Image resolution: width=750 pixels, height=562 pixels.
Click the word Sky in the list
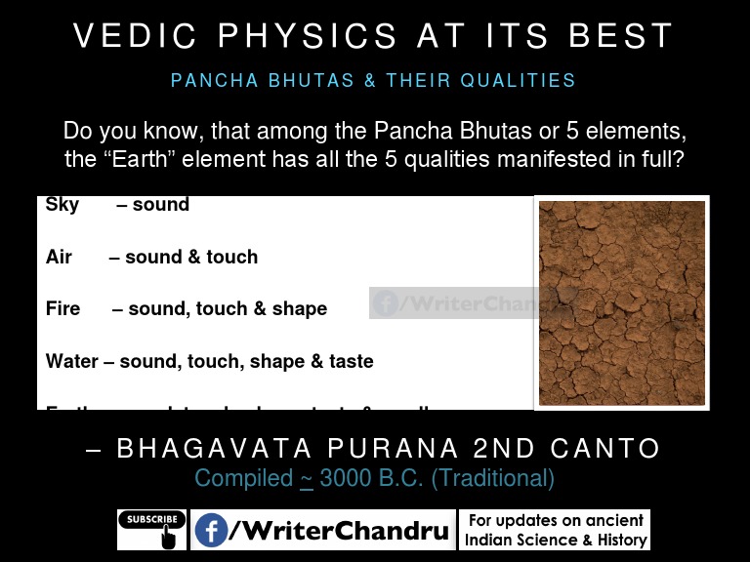[62, 205]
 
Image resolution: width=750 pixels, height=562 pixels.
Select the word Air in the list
[59, 258]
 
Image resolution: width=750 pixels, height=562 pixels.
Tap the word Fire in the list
[62, 309]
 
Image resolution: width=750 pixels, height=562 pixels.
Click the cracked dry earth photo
[621, 302]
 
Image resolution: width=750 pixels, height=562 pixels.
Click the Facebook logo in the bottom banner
[211, 531]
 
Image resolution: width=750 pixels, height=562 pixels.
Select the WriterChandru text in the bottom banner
[339, 531]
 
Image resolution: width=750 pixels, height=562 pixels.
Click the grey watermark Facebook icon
[386, 303]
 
